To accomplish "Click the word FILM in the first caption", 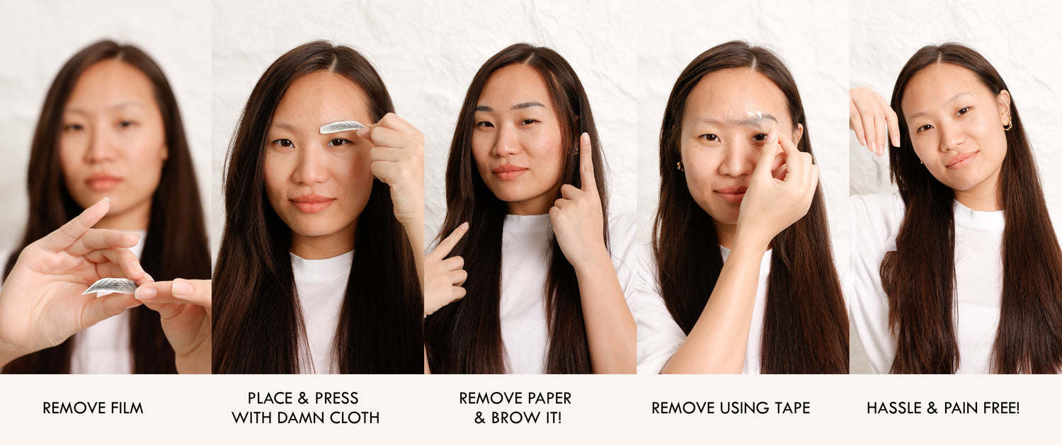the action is pyautogui.click(x=126, y=408).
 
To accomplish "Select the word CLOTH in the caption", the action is pyautogui.click(x=355, y=417).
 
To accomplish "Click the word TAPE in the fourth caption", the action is pyautogui.click(x=792, y=408).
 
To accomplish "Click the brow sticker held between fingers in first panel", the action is pyautogui.click(x=110, y=287).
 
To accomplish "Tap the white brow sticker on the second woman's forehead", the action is pyautogui.click(x=341, y=127).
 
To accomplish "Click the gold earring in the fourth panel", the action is pyautogui.click(x=680, y=166).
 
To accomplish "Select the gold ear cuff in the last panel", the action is pyautogui.click(x=1007, y=124).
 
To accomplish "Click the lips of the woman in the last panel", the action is pyautogui.click(x=961, y=160).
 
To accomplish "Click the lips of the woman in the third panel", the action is pyautogui.click(x=510, y=171).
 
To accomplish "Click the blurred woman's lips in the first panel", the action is pyautogui.click(x=103, y=182).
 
